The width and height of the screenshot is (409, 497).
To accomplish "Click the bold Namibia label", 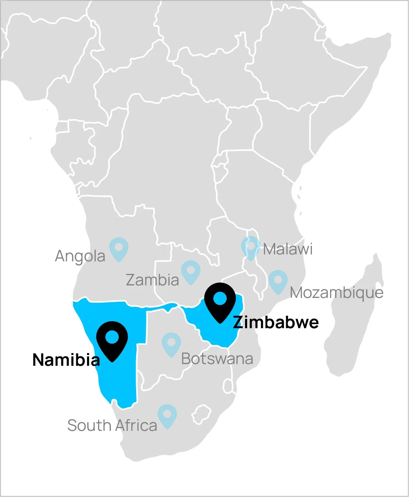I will click(x=66, y=360).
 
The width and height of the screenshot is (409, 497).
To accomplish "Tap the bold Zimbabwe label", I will click(x=276, y=322).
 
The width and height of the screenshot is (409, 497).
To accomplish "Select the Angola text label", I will click(x=80, y=256).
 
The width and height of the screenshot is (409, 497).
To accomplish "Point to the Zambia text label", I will click(x=152, y=280).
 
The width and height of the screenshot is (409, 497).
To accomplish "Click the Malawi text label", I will click(x=288, y=249).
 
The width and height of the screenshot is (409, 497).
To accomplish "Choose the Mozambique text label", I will click(x=337, y=293).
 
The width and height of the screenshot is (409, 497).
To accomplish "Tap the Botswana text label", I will click(x=217, y=359).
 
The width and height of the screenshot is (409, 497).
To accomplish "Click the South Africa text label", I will click(x=112, y=425).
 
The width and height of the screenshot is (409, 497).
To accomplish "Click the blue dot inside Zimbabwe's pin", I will click(x=220, y=298).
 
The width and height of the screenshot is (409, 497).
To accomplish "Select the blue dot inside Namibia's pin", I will click(x=112, y=337).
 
